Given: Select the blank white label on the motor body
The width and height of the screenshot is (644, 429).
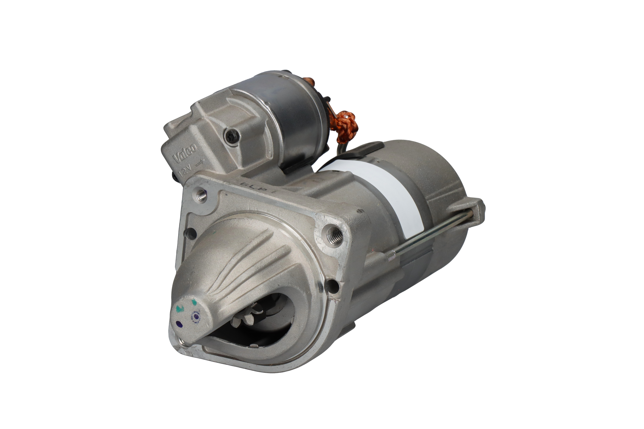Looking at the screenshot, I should click(x=383, y=191).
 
